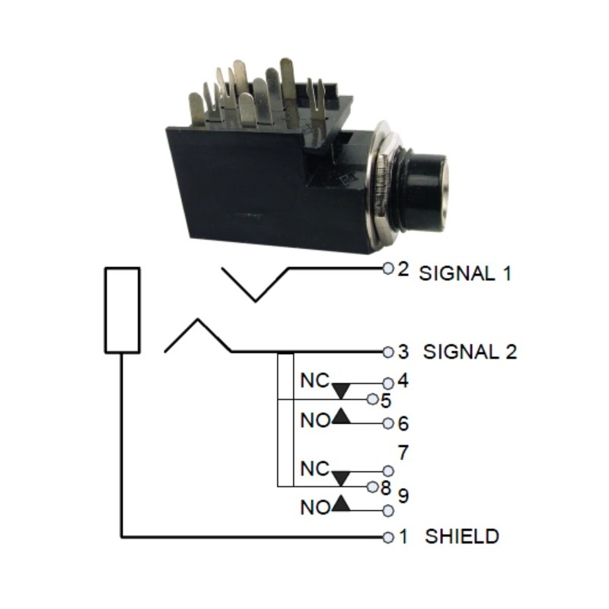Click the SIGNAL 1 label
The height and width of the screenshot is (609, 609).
pyautogui.click(x=464, y=273)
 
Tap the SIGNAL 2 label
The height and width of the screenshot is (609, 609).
pyautogui.click(x=470, y=352)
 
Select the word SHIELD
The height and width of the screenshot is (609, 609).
pyautogui.click(x=462, y=536)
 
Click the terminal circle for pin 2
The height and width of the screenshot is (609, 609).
pyautogui.click(x=388, y=269)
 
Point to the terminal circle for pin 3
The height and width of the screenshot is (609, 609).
pyautogui.click(x=388, y=352)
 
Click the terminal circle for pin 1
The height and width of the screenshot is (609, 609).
pyautogui.click(x=388, y=537)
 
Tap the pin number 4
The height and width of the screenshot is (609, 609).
pyautogui.click(x=403, y=381)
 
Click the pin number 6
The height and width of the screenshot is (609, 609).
pyautogui.click(x=403, y=424)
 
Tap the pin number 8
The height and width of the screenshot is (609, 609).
pyautogui.click(x=385, y=486)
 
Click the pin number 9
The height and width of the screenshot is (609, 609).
pyautogui.click(x=403, y=496)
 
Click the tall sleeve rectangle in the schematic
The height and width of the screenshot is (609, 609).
pyautogui.click(x=122, y=310)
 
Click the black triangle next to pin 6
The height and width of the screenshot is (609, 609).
pyautogui.click(x=342, y=416)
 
